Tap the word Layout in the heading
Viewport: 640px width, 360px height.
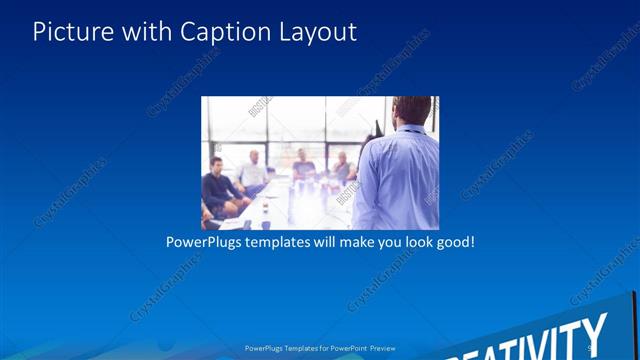317,32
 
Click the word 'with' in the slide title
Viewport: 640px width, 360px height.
145,32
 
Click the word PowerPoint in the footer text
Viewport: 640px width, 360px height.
345,349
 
